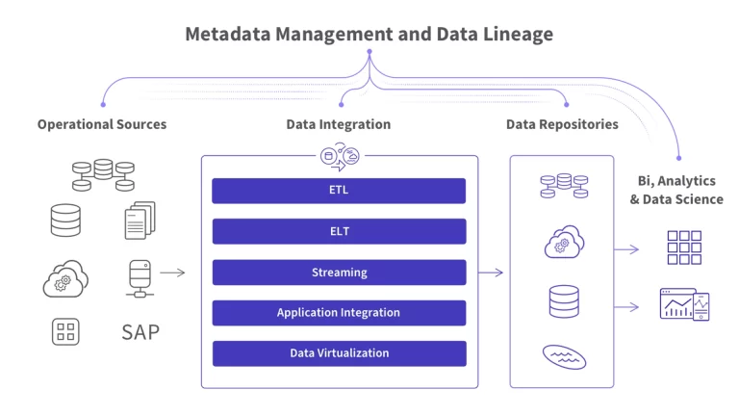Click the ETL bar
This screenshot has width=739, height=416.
(339, 191)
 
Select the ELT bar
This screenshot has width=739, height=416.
(339, 231)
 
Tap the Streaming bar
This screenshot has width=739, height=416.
(339, 273)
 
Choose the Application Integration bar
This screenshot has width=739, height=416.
(339, 313)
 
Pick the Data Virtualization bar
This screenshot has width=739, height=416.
(339, 353)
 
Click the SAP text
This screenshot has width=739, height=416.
(140, 332)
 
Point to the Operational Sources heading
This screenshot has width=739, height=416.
(102, 124)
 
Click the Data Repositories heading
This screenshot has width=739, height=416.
(562, 124)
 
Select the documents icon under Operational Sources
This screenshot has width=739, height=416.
(140, 221)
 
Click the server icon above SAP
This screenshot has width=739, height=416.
(140, 278)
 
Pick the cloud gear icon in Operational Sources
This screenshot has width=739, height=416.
(65, 278)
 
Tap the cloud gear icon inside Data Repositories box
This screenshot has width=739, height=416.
(564, 242)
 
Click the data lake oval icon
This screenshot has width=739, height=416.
(564, 357)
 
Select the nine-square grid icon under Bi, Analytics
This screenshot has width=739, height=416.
(684, 247)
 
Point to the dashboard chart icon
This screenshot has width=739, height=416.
(684, 304)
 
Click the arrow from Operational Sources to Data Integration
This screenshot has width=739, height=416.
(172, 273)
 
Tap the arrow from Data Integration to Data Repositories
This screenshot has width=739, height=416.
(491, 273)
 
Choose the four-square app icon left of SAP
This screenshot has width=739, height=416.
(65, 331)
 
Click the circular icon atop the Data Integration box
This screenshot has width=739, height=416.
(340, 156)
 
